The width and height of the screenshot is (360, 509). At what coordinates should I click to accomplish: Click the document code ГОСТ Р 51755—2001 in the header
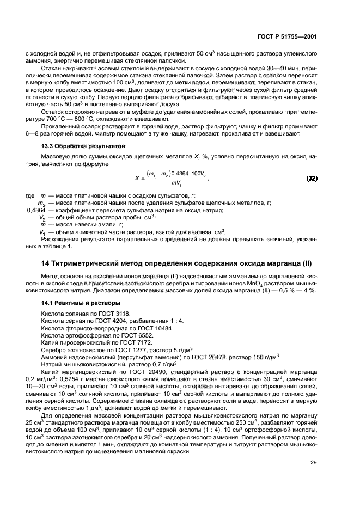(288, 36)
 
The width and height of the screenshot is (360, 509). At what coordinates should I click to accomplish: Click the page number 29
(314, 463)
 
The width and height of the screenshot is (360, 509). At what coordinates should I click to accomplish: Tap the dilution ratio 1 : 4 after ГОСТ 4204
(162, 322)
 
